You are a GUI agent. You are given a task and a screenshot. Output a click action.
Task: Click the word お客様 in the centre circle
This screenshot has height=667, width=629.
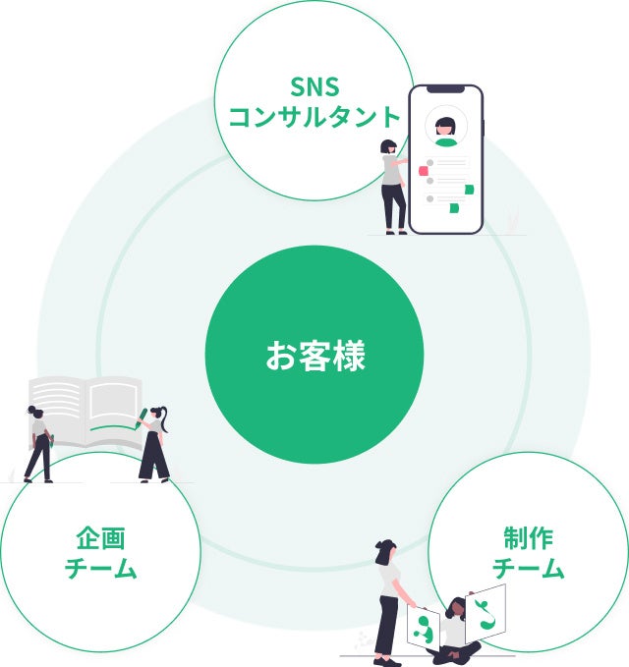(314, 356)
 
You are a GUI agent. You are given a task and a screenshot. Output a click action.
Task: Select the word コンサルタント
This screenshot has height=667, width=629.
(314, 117)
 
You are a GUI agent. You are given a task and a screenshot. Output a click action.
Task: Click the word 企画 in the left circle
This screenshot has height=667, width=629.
(100, 538)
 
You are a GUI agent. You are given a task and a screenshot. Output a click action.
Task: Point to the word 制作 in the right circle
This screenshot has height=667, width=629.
(528, 538)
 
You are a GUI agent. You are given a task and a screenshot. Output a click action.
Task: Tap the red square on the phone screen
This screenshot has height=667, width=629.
(424, 171)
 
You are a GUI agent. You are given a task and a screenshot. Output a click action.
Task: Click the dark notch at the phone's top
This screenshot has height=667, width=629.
(446, 91)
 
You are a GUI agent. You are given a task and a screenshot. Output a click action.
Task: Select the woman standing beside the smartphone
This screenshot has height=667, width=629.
(393, 187)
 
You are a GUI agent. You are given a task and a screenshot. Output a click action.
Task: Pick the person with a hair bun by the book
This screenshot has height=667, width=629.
(39, 442)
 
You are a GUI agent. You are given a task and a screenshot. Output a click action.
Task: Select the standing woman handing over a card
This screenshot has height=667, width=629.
(388, 599)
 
